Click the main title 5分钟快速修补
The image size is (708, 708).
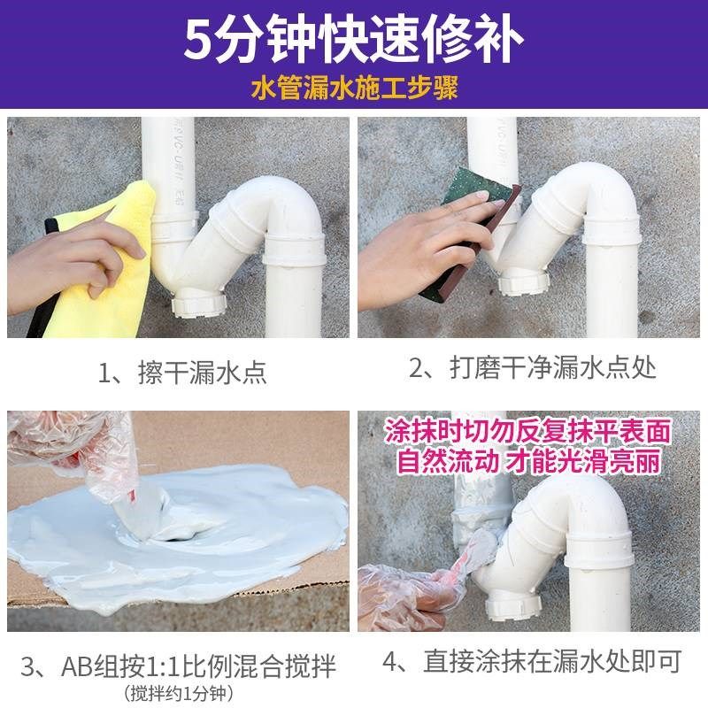354,38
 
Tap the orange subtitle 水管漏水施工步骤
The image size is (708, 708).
354,89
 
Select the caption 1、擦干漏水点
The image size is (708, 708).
181,372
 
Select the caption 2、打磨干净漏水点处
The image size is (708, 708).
532,368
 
